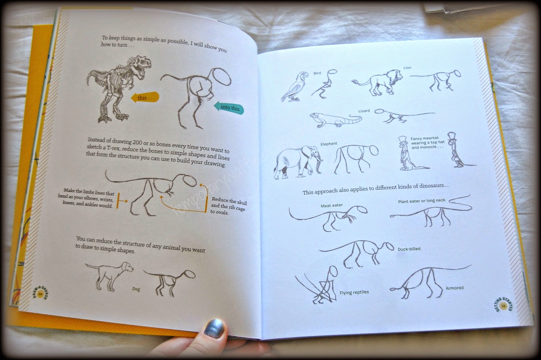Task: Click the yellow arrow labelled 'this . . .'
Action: [x=145, y=97]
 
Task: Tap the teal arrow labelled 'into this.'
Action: [x=229, y=108]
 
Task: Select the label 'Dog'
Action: [x=136, y=289]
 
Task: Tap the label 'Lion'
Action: [x=407, y=68]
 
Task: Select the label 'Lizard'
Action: [x=364, y=111]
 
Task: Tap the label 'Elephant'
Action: [x=329, y=144]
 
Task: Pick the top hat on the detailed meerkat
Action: [x=402, y=140]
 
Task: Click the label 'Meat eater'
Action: [x=331, y=205]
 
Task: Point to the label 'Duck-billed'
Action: [x=409, y=249]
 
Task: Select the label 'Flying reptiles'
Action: [x=354, y=292]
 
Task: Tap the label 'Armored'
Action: [x=454, y=288]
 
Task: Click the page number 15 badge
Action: [x=503, y=306]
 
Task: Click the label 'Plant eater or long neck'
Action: [x=421, y=201]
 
